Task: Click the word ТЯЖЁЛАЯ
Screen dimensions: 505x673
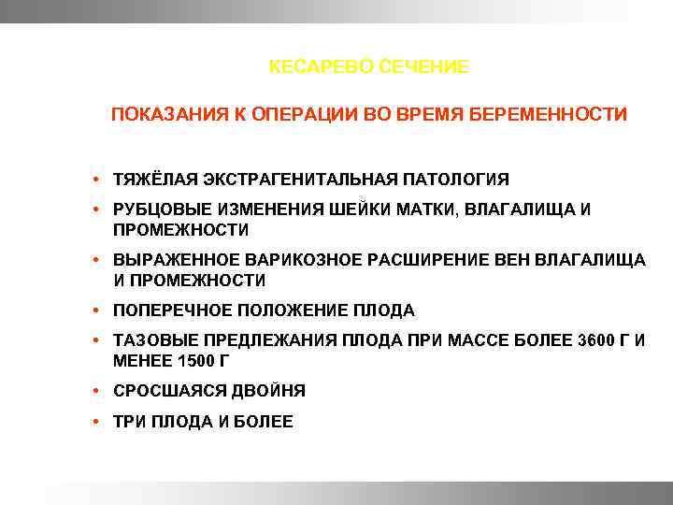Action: coord(151,179)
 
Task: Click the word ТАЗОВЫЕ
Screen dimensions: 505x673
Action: coord(150,340)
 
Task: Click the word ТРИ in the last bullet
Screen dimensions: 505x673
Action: coord(128,422)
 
